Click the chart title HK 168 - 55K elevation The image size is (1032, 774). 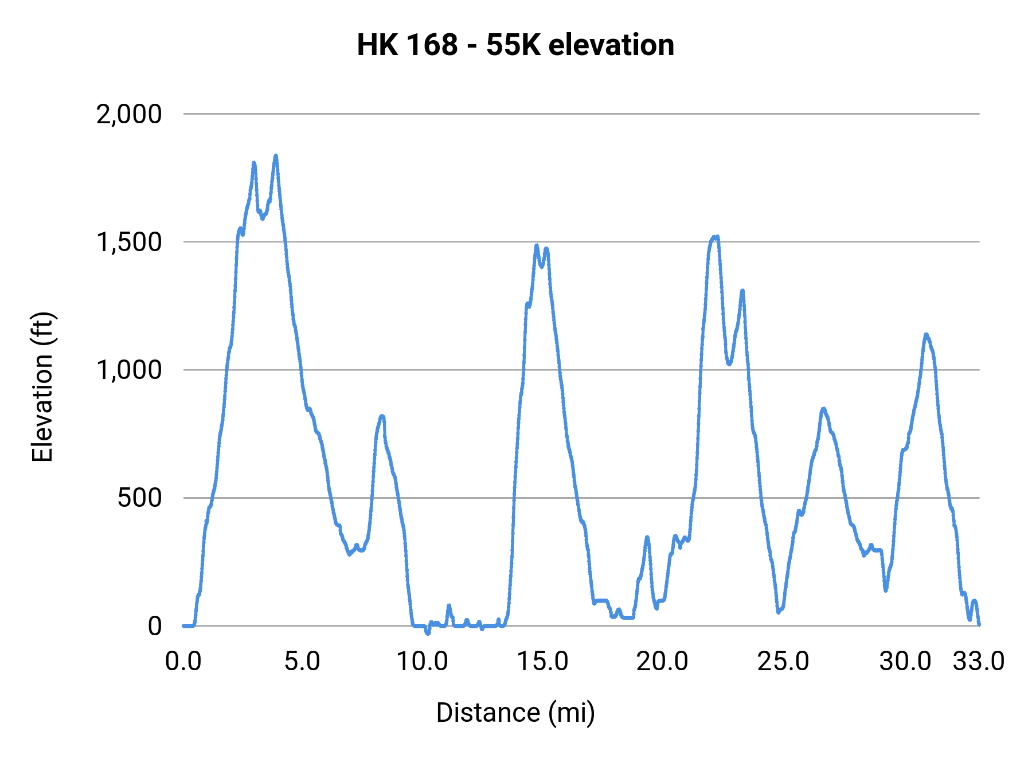pyautogui.click(x=515, y=45)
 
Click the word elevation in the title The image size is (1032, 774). pyautogui.click(x=611, y=45)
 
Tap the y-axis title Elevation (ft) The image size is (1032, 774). pyautogui.click(x=42, y=387)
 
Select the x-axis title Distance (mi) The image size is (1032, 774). pyautogui.click(x=515, y=713)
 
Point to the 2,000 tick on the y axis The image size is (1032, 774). pyautogui.click(x=129, y=114)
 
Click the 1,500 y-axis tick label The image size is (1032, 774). pyautogui.click(x=129, y=242)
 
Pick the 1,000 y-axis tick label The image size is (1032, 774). pyautogui.click(x=129, y=370)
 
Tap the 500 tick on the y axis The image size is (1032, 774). pyautogui.click(x=140, y=498)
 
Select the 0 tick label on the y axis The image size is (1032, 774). pyautogui.click(x=155, y=626)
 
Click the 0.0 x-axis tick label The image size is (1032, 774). pyautogui.click(x=183, y=662)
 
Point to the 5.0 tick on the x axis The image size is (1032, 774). pyautogui.click(x=303, y=662)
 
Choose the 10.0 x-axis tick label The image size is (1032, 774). pyautogui.click(x=423, y=662)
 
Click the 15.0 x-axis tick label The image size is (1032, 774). pyautogui.click(x=542, y=662)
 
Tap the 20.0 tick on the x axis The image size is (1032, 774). pyautogui.click(x=662, y=662)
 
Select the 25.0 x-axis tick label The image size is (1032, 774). pyautogui.click(x=783, y=662)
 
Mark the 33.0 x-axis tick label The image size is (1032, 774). pyautogui.click(x=979, y=662)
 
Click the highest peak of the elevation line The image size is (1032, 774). pyautogui.click(x=276, y=155)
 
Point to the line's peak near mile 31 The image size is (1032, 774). pyautogui.click(x=925, y=334)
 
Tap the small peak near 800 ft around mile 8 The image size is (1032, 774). pyautogui.click(x=382, y=416)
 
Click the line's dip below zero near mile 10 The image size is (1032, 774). pyautogui.click(x=427, y=633)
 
